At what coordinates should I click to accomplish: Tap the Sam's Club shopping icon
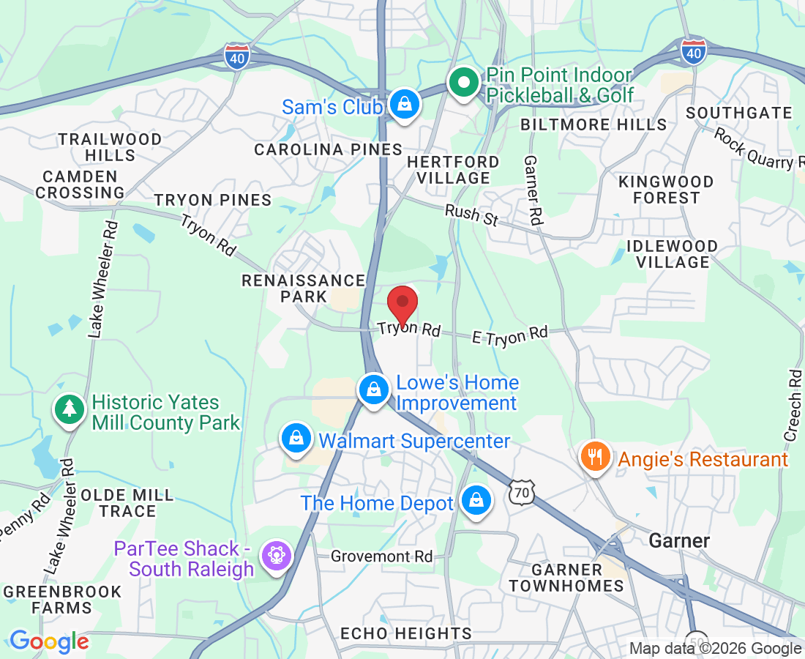point(403,104)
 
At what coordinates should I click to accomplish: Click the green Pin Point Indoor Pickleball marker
point(463,83)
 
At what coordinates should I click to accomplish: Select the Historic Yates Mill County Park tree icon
point(70,409)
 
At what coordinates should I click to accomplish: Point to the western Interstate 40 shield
point(237,56)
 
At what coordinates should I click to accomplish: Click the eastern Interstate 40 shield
point(692,51)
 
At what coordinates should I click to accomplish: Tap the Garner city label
point(680,541)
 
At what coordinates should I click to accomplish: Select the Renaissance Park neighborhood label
point(304,288)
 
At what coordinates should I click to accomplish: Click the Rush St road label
point(472,215)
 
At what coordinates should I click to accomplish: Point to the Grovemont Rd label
point(381,556)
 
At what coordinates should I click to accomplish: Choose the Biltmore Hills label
point(594,124)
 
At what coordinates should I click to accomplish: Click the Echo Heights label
point(406,633)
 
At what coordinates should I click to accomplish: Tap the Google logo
point(49,642)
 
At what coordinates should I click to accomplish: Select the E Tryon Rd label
point(510,335)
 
